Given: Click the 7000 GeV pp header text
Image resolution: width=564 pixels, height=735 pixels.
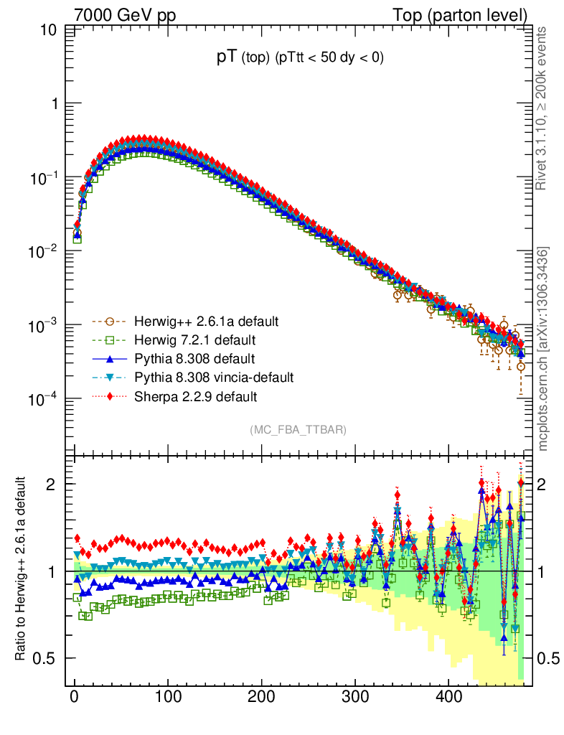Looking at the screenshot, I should pos(126,14).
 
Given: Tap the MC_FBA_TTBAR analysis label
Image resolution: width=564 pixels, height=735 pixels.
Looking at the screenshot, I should pos(298,430).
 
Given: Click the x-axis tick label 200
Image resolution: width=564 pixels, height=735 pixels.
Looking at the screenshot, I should pos(261,696).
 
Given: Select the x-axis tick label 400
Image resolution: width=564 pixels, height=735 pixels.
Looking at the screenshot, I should pos(448,696).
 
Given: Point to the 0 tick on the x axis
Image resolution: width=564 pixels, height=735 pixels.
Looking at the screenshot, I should pos(75,696).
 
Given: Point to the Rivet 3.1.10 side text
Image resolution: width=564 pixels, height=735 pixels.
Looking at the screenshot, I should pos(542,108).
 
